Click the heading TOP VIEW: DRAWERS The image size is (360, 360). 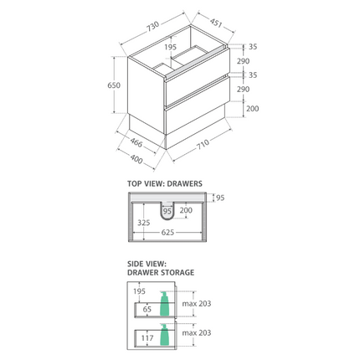[165, 183]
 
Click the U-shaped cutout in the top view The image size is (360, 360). [167, 209]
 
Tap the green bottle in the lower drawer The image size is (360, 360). [164, 336]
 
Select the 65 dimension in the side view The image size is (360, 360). [147, 309]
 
